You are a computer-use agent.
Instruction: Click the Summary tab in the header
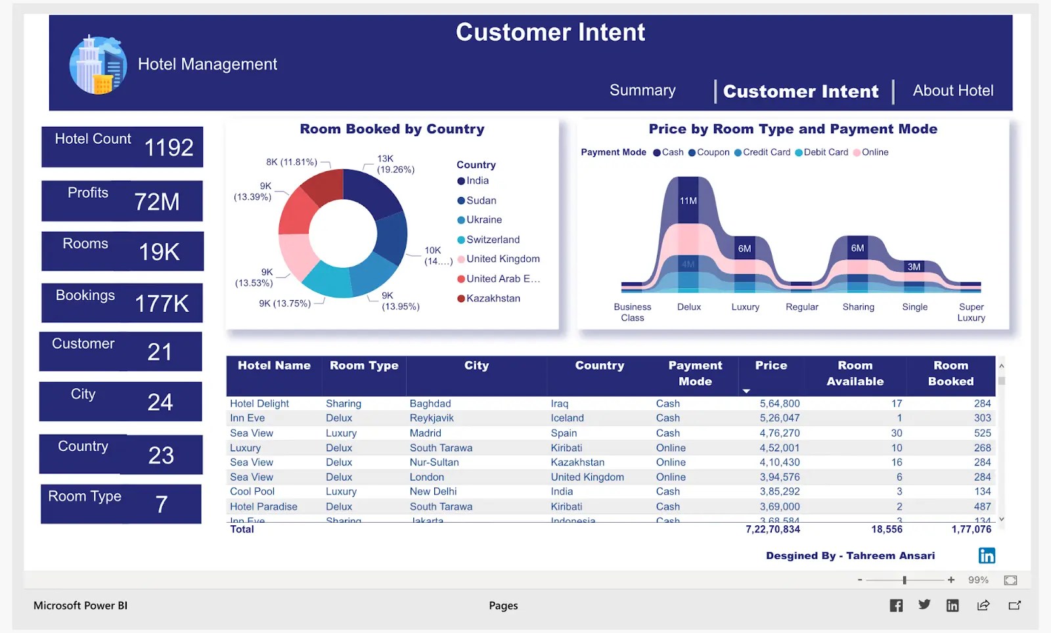pyautogui.click(x=642, y=91)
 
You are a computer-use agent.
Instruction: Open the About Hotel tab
pyautogui.click(x=952, y=91)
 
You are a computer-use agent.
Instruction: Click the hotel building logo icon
pyautogui.click(x=98, y=65)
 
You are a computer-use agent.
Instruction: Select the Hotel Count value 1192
pyautogui.click(x=168, y=148)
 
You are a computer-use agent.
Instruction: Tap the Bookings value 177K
pyautogui.click(x=162, y=304)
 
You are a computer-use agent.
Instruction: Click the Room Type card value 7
pyautogui.click(x=161, y=504)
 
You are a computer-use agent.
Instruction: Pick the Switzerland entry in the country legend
pyautogui.click(x=492, y=240)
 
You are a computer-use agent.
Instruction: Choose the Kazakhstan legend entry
pyautogui.click(x=492, y=298)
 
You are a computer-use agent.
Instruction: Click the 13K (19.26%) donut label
pyautogui.click(x=395, y=164)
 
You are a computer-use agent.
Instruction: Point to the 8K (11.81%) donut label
pyautogui.click(x=292, y=162)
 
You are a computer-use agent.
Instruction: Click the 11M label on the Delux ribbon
pyautogui.click(x=688, y=201)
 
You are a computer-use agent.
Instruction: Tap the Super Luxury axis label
pyautogui.click(x=971, y=312)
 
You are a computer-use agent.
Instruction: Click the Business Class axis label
pyautogui.click(x=632, y=312)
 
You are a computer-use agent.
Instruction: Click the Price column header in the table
pyautogui.click(x=771, y=366)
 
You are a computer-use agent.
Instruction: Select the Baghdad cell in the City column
pyautogui.click(x=430, y=404)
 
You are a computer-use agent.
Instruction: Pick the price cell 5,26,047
pyautogui.click(x=779, y=418)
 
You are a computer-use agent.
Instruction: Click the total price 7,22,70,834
pyautogui.click(x=772, y=529)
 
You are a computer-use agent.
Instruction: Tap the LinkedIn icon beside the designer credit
pyautogui.click(x=987, y=556)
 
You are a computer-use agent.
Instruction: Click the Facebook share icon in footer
pyautogui.click(x=896, y=605)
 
